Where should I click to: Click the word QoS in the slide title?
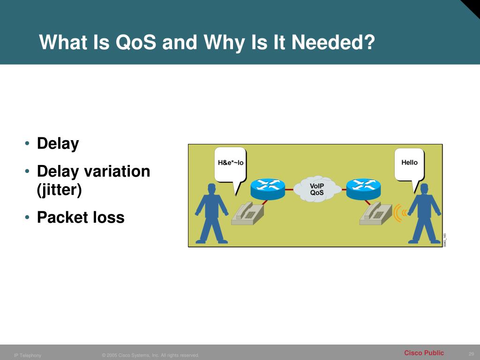coord(135,43)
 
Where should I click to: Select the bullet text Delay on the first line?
coord(58,143)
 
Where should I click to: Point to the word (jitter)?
coord(60,190)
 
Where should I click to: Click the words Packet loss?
coord(81,217)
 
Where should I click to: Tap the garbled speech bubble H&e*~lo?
coord(231,163)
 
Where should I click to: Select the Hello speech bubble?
coord(409,163)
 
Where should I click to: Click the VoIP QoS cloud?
coord(317,189)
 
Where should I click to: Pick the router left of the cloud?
coord(267,188)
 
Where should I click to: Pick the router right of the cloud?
coord(363,188)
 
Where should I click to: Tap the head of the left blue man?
coord(211,188)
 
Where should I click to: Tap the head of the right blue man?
coord(424,188)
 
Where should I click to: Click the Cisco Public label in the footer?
coord(424,353)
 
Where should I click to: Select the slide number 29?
coord(471,353)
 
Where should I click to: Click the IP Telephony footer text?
coord(28,355)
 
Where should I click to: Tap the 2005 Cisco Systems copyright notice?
coord(150,355)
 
